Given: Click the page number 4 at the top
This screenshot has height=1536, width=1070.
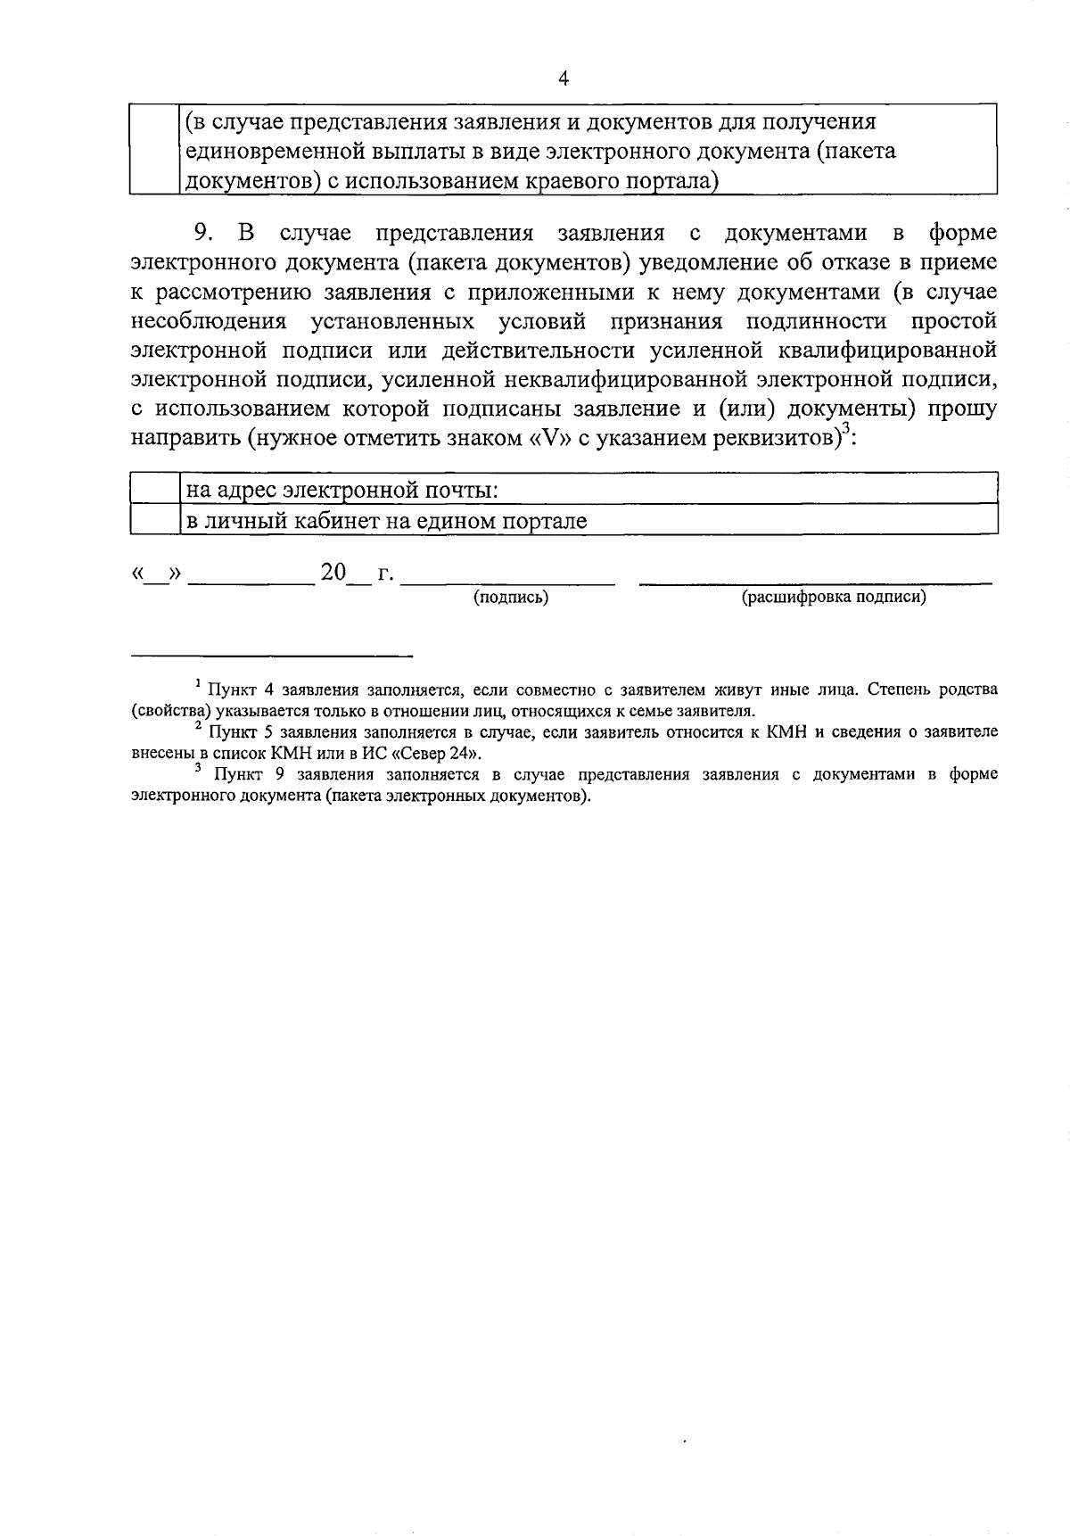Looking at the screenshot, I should click(562, 78).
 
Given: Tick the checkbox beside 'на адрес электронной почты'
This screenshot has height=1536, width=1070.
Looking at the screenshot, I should click(156, 490).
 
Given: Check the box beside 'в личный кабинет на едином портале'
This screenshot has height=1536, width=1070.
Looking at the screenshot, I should click(156, 520).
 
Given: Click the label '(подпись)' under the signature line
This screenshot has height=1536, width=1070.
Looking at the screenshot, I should click(510, 598).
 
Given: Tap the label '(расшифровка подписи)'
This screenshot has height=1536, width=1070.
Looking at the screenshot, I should click(834, 598).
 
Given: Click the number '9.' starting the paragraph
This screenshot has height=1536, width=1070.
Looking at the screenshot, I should click(204, 234).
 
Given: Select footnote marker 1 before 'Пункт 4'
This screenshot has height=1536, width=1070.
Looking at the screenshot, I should click(197, 684).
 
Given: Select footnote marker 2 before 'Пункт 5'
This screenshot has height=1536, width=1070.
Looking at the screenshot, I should click(197, 726).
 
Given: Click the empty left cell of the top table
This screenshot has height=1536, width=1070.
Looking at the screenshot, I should click(155, 150).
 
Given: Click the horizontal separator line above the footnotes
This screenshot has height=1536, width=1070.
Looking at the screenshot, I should click(272, 657).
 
